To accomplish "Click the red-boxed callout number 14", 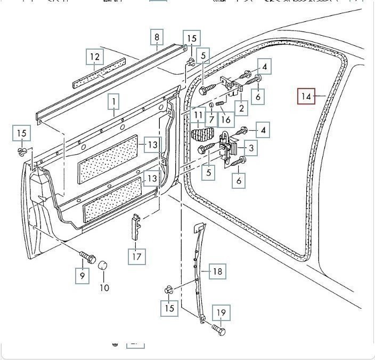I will [306, 97].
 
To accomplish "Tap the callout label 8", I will [157, 37].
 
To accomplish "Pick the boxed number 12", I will [94, 57].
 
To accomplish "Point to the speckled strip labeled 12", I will [99, 71].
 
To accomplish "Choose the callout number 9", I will [82, 276].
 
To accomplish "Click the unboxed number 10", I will [104, 287].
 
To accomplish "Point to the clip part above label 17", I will [135, 227].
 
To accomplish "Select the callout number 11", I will [198, 115].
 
